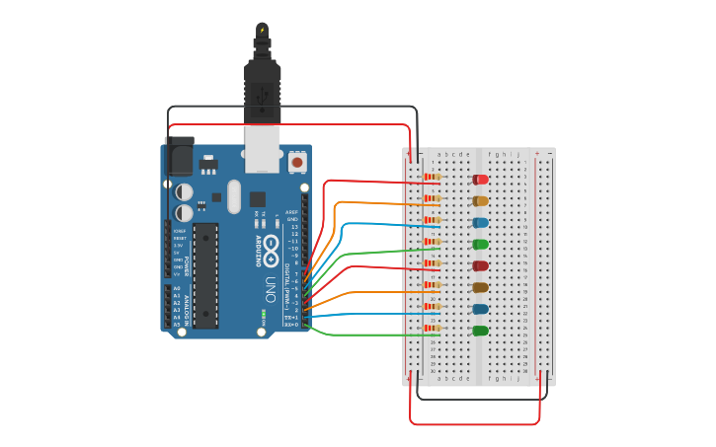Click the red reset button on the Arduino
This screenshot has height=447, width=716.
[x=297, y=161]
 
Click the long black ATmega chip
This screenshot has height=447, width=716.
[x=205, y=274]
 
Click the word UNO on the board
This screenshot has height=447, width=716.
[x=271, y=288]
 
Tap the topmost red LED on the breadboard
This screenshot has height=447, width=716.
[x=481, y=180]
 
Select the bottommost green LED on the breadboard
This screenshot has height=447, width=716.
[x=481, y=331]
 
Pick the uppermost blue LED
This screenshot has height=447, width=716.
[x=481, y=223]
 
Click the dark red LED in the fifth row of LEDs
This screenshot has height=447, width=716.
[x=481, y=265]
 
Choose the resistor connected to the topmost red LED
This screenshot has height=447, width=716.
[x=432, y=178]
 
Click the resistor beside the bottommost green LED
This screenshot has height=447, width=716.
[x=432, y=329]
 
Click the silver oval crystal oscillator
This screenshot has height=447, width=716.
[x=234, y=195]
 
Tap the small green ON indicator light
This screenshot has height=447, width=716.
[x=263, y=315]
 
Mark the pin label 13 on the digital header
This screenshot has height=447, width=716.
[x=292, y=227]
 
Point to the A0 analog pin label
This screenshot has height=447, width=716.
[x=177, y=288]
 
